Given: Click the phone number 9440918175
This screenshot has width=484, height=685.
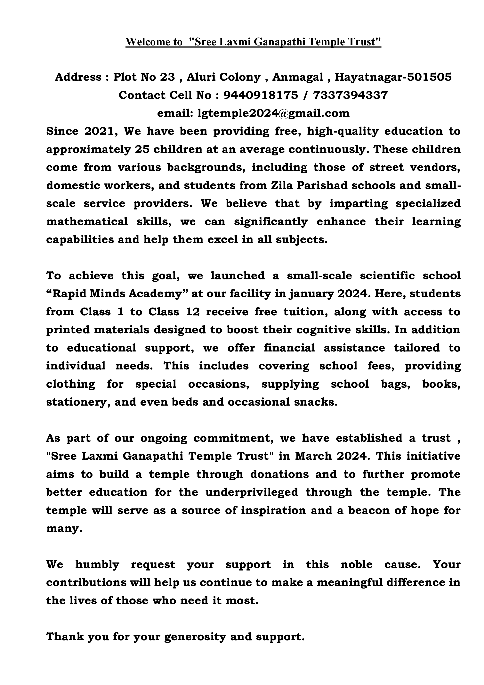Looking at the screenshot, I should pos(260,95).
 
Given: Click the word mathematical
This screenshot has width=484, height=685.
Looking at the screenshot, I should pos(87,221).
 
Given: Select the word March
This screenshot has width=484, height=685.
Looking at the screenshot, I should pos(313,456).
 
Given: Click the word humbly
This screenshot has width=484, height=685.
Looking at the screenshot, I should pos(97,565).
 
